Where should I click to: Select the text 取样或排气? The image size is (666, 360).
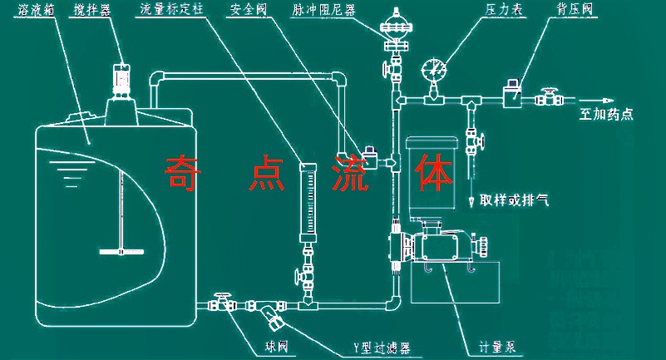pyautogui.click(x=513, y=201)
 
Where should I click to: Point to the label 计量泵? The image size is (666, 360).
pyautogui.click(x=498, y=346)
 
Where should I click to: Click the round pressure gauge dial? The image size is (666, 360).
pyautogui.click(x=432, y=67)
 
